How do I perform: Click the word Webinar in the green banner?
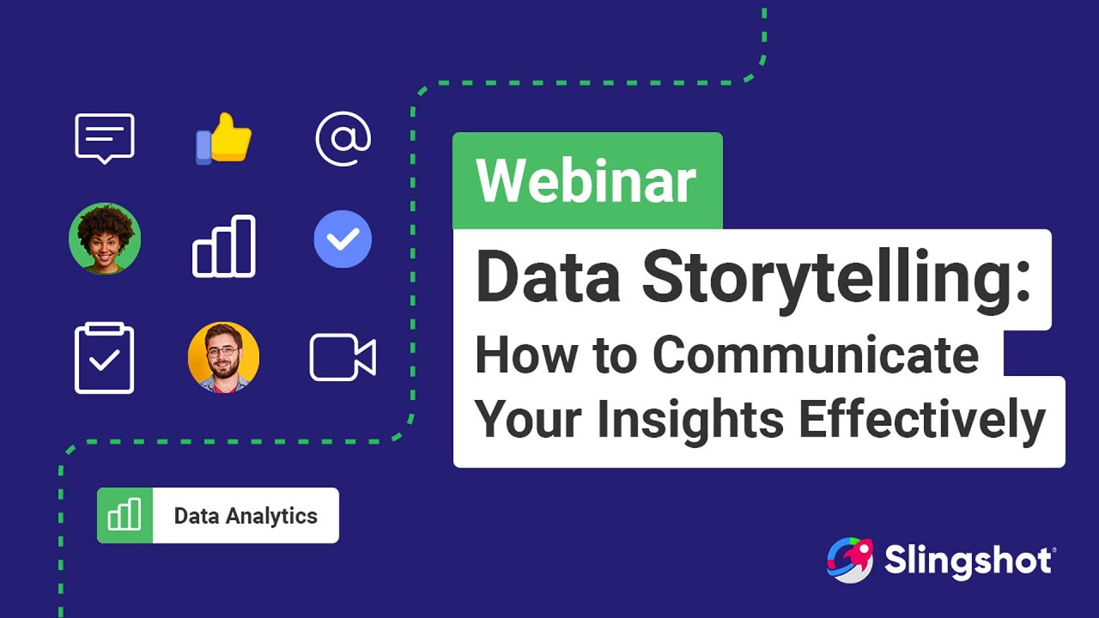pos(586,180)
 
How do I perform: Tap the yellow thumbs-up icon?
pos(224,138)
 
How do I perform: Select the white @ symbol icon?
pos(343,139)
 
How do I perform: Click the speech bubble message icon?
pos(105,138)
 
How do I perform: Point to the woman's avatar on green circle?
pos(105,239)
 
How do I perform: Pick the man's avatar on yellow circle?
pos(224,358)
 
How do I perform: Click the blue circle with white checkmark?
pos(343,239)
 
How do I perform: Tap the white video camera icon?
pos(343,358)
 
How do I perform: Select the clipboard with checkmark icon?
pos(105,358)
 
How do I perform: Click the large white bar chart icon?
pos(224,246)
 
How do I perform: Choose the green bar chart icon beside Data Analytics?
pos(124,515)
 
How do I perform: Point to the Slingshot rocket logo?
pos(850,560)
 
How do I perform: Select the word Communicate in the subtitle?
pos(816,354)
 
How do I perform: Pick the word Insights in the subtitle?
pos(690,421)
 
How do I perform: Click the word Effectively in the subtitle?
pos(922,421)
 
